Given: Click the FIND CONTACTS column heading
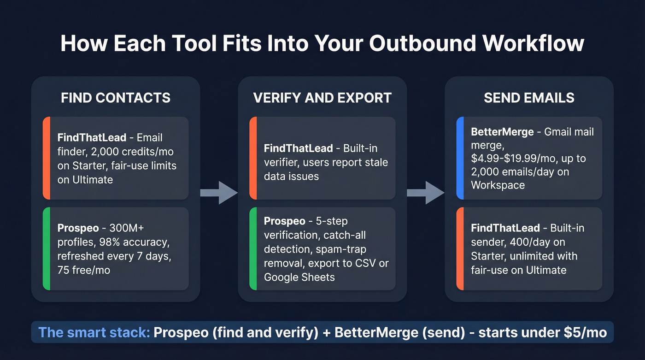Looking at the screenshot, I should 116,98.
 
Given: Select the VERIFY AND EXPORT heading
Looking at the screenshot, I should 322,98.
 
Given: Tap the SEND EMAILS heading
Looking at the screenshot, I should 529,98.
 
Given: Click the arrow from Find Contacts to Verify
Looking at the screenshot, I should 219,193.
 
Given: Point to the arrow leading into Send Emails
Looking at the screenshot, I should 426,193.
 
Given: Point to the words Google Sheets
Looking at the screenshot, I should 299,277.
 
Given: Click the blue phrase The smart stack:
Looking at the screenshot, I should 94,332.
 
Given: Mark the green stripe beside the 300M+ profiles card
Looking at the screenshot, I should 46,249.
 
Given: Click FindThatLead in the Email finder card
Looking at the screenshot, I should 91,138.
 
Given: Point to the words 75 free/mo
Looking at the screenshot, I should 84,270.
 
